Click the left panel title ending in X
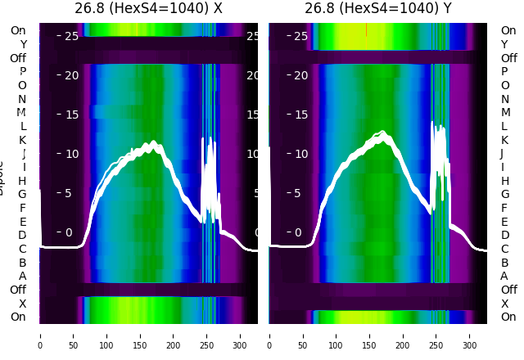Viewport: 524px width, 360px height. (x=148, y=8)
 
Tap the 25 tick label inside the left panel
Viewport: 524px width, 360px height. (x=70, y=36)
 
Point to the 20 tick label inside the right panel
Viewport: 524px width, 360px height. (x=300, y=75)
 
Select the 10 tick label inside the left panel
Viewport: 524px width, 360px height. (x=70, y=154)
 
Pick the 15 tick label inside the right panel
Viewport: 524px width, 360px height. (x=300, y=115)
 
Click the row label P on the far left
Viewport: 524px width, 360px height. (x=23, y=72)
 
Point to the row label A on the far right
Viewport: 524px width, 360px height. (x=504, y=276)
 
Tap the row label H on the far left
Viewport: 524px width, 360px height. (x=22, y=181)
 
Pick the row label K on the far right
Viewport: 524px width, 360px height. (x=504, y=140)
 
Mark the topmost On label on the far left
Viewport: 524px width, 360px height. (x=18, y=31)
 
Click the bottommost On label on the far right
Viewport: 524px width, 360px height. (x=508, y=317)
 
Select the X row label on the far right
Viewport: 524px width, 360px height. (x=504, y=304)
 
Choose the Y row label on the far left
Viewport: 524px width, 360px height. (x=23, y=44)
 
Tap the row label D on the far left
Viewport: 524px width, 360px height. (x=22, y=235)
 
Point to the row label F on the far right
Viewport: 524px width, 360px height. (x=504, y=208)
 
